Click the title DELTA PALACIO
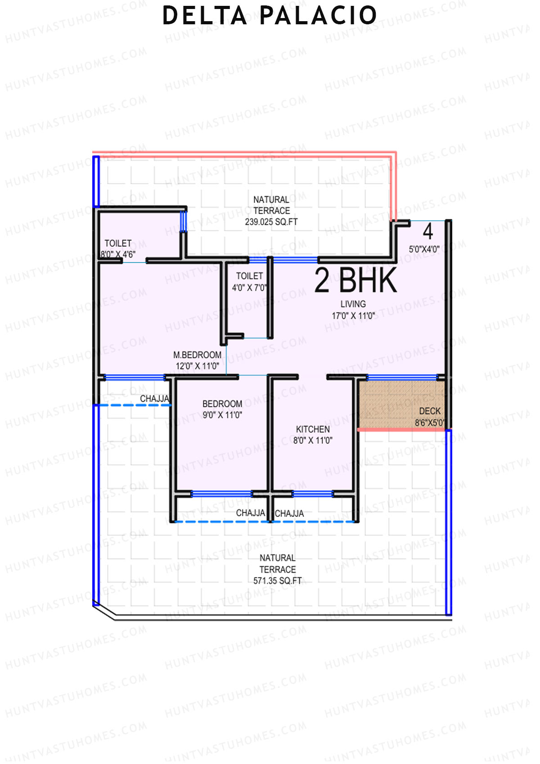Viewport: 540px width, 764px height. [269, 16]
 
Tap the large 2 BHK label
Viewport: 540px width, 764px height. [355, 280]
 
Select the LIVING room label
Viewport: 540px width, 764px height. [353, 304]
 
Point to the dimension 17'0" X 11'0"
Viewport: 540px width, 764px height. [353, 316]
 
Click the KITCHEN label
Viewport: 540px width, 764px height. [313, 429]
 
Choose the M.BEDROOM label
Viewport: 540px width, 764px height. [197, 355]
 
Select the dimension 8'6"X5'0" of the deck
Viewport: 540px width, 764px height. [429, 423]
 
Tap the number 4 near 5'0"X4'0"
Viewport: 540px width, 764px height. [427, 231]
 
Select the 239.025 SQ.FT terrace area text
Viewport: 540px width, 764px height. [271, 222]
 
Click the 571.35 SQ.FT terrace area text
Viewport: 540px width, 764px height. [277, 581]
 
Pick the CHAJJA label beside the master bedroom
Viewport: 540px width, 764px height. [154, 398]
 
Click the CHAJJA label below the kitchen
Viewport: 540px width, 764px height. [289, 513]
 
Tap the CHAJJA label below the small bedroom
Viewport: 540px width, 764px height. [250, 513]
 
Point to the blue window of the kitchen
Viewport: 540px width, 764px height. [312, 494]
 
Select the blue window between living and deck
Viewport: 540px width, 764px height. [402, 377]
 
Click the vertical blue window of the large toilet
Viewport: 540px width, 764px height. [183, 222]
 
